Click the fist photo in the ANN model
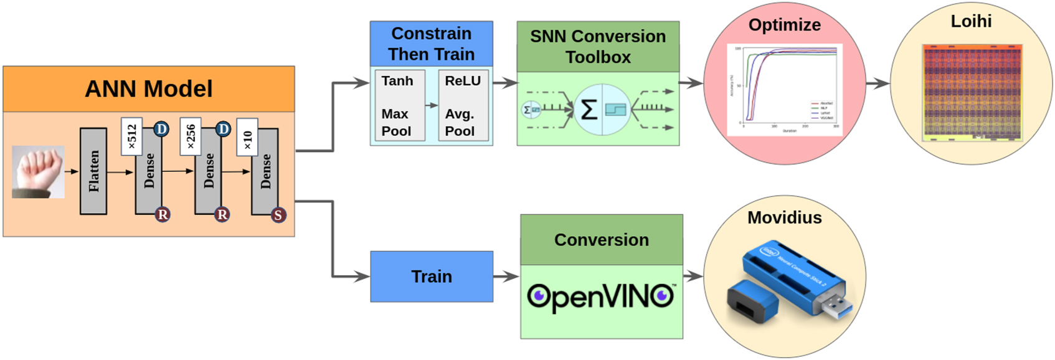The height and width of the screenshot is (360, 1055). pos(38,172)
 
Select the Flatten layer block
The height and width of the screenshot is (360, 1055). pos(93,171)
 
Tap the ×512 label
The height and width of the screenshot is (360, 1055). pos(132,136)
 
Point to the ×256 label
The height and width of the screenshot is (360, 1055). pos(191,136)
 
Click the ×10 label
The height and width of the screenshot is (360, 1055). pos(247,138)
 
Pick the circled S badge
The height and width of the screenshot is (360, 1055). pos(278,215)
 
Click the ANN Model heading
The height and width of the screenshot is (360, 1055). pos(148,89)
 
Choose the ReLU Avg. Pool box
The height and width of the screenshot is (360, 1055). pos(463,105)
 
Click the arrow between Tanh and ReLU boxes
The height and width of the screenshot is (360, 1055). pos(431,105)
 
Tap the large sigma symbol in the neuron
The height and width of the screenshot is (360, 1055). pos(589,110)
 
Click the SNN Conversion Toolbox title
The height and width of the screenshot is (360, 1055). pos(598,47)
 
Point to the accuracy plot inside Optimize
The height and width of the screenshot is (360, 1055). pos(785,89)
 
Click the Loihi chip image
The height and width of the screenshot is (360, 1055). pos(972,92)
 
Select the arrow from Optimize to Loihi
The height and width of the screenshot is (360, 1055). pos(878,83)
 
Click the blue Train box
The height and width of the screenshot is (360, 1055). pos(432,277)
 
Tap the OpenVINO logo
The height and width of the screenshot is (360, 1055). pos(601,297)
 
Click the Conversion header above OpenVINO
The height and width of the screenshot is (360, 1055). pos(601,240)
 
